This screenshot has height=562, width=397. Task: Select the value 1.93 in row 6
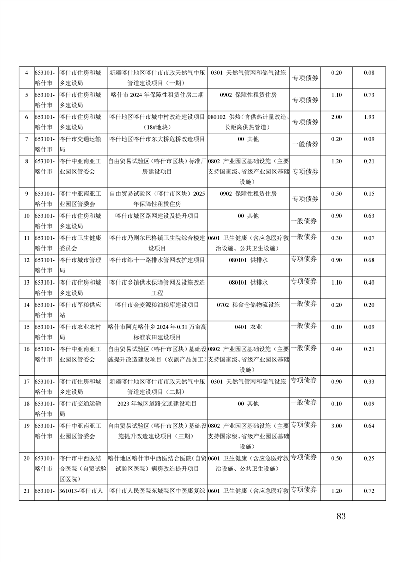[369, 117]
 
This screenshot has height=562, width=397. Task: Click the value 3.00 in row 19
[337, 426]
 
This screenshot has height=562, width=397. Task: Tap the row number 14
[26, 304]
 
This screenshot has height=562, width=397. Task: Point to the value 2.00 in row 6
[337, 117]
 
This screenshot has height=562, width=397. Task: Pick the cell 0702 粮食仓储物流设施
[248, 304]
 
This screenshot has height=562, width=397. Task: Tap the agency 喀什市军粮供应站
[80, 309]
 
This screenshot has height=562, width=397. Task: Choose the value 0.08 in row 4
[369, 73]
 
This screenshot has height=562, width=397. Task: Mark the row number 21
[26, 491]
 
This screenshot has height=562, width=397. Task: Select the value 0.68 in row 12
[369, 260]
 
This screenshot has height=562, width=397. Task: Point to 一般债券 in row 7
[304, 144]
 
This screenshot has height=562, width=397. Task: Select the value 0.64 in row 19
[369, 426]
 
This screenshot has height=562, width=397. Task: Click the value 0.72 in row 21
[369, 491]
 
